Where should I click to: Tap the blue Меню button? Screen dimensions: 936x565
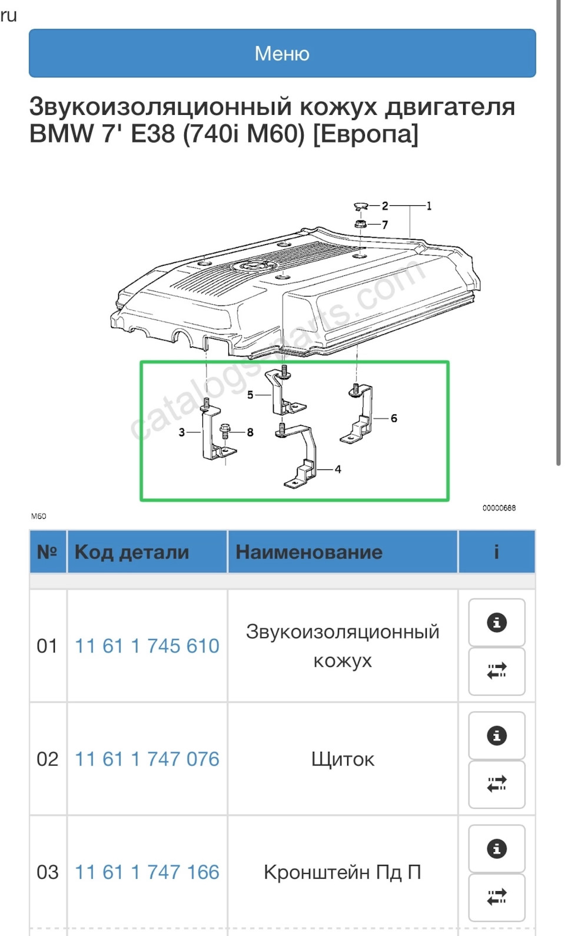[282, 54]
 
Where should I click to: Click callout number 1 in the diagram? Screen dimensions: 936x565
[429, 206]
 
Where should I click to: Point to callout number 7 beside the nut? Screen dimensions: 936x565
[385, 225]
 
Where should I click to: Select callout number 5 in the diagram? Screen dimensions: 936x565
[250, 395]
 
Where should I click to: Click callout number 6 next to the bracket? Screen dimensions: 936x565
[394, 418]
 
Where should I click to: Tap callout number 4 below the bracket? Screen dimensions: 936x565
[338, 469]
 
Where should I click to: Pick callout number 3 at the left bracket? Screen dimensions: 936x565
[182, 432]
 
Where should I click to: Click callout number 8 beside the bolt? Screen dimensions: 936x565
[250, 432]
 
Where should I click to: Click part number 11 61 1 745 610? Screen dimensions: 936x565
[147, 646]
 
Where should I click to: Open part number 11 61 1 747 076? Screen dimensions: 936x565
[147, 759]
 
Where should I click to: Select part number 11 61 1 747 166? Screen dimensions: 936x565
[147, 872]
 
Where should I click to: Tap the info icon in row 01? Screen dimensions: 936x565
[497, 622]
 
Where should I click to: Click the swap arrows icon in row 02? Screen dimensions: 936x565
[497, 784]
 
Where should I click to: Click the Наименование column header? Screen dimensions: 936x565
[309, 552]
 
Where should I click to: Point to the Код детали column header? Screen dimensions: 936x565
[132, 552]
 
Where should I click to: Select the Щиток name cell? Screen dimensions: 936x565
[343, 759]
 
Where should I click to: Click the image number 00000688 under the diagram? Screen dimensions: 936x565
[499, 508]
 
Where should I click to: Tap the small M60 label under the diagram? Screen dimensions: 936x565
[39, 517]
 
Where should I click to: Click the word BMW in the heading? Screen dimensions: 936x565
[61, 134]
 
